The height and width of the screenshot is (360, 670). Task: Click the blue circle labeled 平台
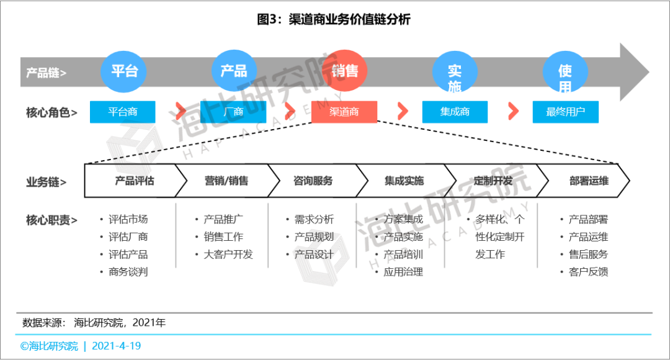point(124,71)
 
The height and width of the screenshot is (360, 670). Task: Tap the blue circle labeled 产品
point(234,71)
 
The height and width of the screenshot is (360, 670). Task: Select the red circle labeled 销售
point(344,71)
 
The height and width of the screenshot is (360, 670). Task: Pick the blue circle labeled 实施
point(455,74)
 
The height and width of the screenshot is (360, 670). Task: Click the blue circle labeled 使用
point(565,73)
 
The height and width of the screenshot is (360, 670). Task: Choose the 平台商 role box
point(123,112)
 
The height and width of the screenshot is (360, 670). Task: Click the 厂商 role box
point(233,112)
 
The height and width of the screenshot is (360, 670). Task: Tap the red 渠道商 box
point(344,112)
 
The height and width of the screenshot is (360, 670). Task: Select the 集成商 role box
point(455,112)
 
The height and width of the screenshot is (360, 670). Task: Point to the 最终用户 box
point(565,112)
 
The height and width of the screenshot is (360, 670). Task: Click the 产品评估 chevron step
point(134,181)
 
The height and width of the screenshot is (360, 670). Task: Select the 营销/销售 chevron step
point(226,181)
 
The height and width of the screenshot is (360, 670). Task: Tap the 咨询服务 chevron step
point(313,181)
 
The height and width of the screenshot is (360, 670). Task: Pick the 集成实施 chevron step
point(404,181)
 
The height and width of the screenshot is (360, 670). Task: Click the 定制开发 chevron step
point(493,181)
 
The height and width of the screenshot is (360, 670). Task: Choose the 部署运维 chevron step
point(588,181)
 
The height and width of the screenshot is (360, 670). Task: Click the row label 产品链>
point(46,73)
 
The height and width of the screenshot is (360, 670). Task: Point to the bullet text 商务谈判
point(128,272)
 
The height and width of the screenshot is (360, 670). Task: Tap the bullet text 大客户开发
point(228,254)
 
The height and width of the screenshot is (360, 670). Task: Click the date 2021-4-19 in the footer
point(117,346)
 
